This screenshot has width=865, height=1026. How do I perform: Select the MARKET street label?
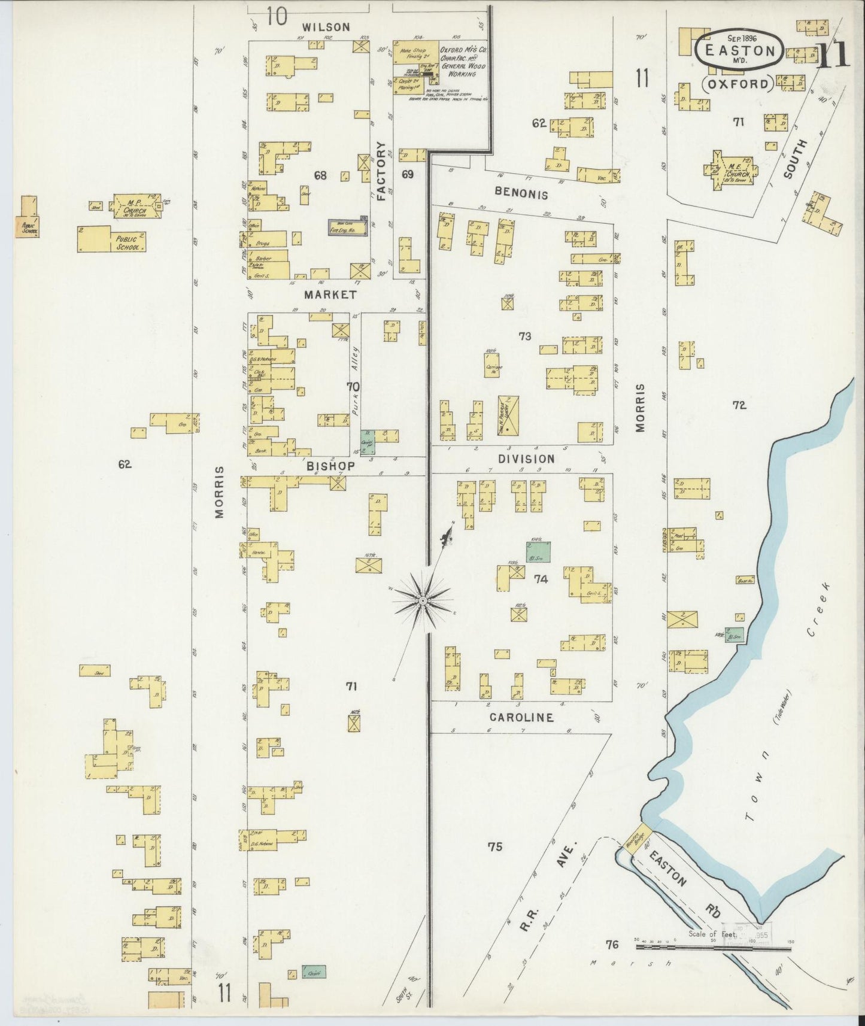pos(330,295)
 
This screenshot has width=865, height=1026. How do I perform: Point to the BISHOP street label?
pos(331,465)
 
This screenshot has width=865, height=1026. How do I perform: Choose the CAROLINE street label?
pos(521,717)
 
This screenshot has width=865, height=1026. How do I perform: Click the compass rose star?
pos(423,600)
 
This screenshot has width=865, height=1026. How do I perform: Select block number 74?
pos(541,579)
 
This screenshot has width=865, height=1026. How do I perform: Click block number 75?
pos(494,846)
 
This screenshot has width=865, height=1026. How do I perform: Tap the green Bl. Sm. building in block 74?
pos(538,551)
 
